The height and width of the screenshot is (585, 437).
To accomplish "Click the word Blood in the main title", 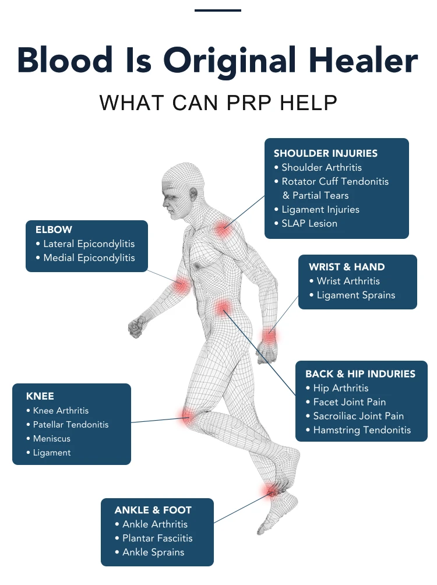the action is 56,60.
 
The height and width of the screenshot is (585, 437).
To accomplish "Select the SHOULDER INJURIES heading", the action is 325,153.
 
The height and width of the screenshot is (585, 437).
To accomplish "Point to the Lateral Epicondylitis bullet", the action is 89,244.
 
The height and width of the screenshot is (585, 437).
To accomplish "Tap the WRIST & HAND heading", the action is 347,267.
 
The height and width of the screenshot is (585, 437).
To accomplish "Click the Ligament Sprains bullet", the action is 355,295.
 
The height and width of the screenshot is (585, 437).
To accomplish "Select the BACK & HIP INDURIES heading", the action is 360,373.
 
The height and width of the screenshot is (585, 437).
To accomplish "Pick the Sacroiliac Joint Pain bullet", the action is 358,416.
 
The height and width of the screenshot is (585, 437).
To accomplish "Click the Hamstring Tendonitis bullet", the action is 362,430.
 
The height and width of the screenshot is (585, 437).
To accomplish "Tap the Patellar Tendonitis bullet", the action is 71,424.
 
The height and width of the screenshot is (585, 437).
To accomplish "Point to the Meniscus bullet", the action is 51,438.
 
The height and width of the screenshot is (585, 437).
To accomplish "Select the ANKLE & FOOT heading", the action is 153,510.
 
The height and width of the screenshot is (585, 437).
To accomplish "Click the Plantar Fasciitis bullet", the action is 157,538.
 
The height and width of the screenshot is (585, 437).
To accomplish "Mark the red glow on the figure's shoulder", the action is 223,229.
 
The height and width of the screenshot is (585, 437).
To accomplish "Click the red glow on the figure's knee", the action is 188,415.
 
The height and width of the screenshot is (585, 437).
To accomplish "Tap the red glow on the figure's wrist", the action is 269,335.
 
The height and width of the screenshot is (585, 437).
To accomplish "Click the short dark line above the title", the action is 218,10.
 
